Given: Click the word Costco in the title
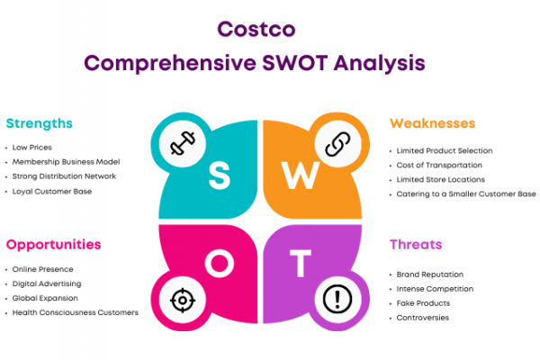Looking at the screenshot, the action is [x=256, y=29].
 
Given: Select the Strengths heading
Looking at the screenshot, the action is [x=40, y=123].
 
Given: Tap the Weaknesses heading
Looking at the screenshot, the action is [x=433, y=123].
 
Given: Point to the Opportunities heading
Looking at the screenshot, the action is [x=53, y=245].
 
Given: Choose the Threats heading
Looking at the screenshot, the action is [x=416, y=244].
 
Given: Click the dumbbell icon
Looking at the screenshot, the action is [x=183, y=143].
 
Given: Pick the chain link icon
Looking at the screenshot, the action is [x=337, y=144].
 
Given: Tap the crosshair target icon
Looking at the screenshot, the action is [x=183, y=300].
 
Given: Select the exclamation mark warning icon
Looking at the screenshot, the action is [x=337, y=299].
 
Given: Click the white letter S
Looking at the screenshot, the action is [x=219, y=175].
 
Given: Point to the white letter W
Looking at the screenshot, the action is [x=301, y=175].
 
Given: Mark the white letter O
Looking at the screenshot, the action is [x=220, y=263].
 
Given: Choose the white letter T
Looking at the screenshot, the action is [x=301, y=263].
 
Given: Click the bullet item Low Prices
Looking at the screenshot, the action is [x=32, y=148].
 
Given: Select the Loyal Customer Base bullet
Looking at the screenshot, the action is [x=52, y=192].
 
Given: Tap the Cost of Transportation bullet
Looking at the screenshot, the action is [x=439, y=166].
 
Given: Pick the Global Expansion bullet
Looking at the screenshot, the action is [x=45, y=298].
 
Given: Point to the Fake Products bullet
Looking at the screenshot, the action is [x=423, y=303].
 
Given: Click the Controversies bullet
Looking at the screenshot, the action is [x=423, y=318].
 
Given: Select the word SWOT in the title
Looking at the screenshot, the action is [x=295, y=63].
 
